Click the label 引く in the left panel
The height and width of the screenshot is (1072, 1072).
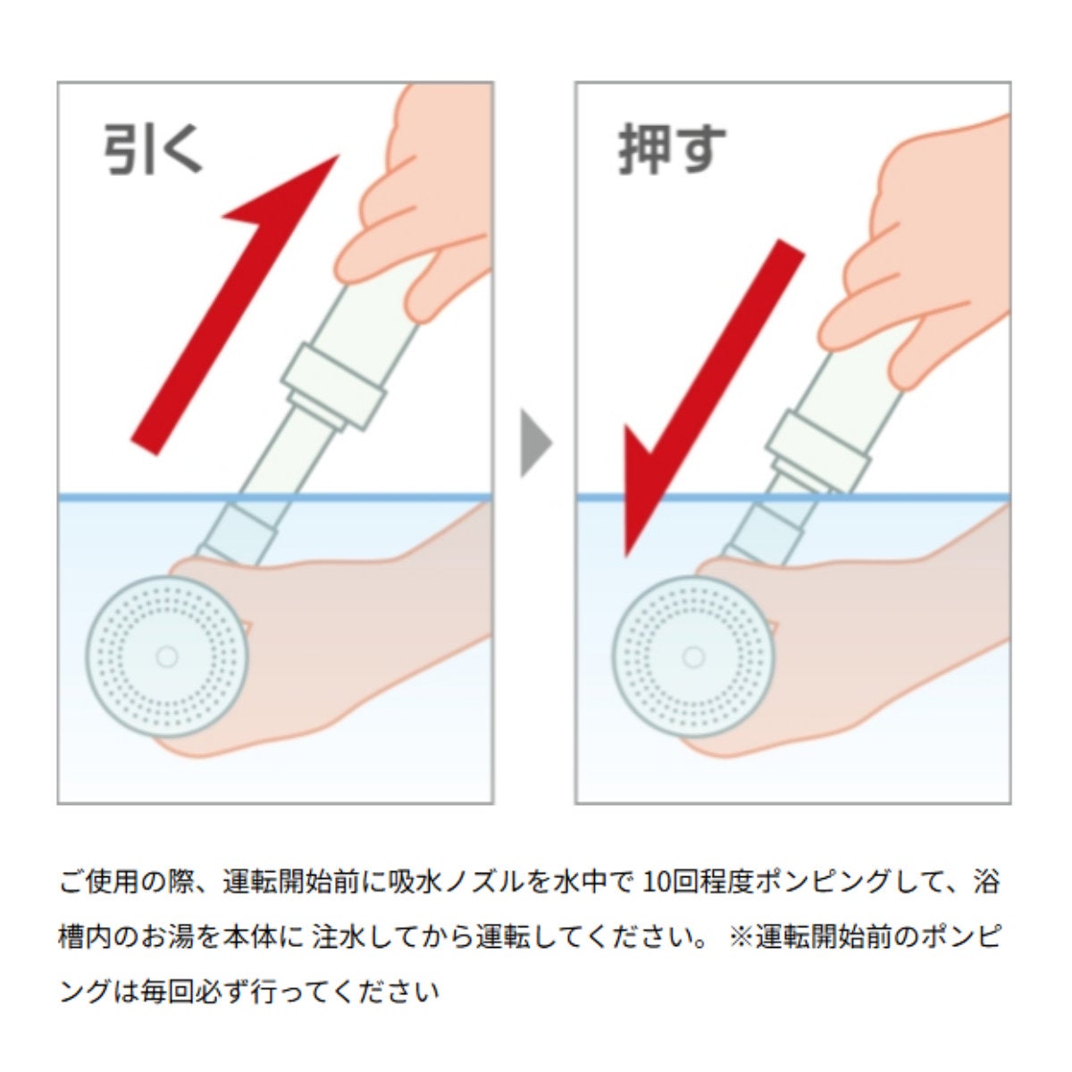click(x=153, y=148)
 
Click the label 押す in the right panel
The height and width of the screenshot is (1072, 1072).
click(x=672, y=148)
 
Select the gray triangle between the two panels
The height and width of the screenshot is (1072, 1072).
click(x=536, y=443)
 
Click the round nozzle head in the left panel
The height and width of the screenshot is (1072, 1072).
click(x=167, y=657)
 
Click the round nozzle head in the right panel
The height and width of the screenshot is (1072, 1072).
click(x=693, y=657)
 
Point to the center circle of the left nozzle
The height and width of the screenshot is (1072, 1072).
click(x=166, y=657)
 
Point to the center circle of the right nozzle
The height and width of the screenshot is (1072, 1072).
click(x=693, y=657)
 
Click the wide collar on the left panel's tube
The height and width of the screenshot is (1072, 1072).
click(x=332, y=386)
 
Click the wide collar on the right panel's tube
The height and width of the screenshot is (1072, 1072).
click(x=817, y=451)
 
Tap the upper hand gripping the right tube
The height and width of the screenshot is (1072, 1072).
click(x=918, y=255)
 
